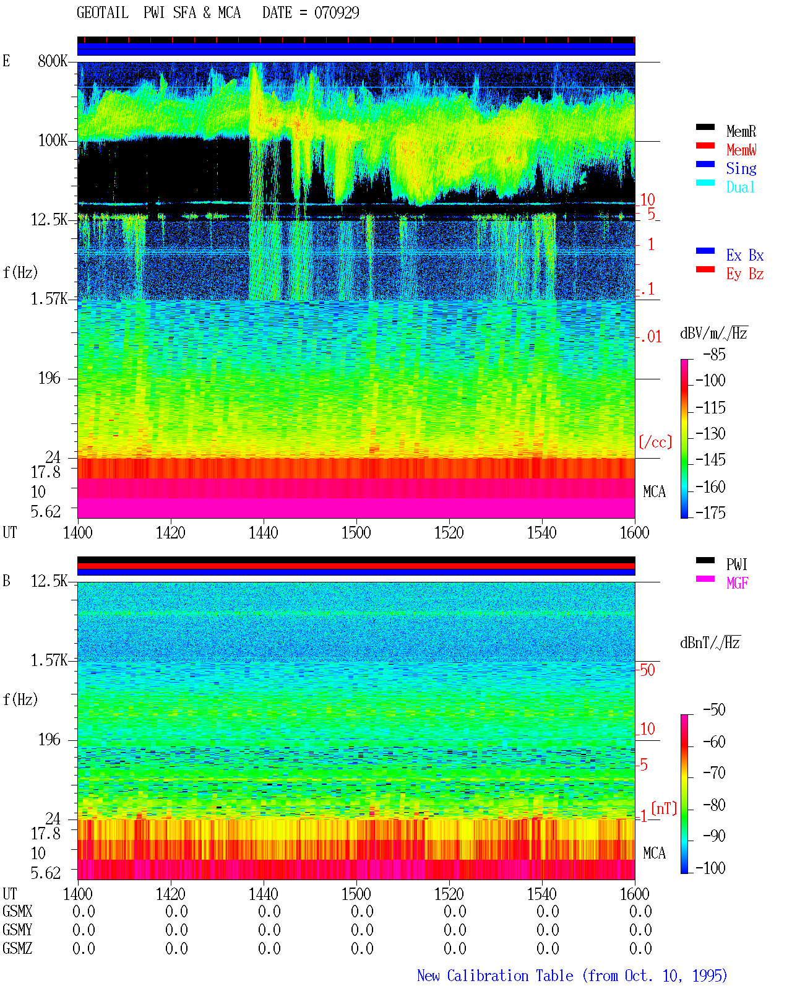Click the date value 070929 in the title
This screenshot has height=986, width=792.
coord(336,13)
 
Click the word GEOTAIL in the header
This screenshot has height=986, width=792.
coord(102,13)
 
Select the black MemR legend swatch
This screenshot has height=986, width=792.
coord(705,127)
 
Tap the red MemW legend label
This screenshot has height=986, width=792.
coord(741,150)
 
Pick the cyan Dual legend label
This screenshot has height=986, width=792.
coord(740,187)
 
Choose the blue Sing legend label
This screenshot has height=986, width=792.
coord(741,168)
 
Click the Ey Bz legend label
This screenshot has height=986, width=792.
coord(745,274)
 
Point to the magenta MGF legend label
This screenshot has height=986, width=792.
coord(737,583)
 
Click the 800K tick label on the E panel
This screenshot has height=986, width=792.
coord(53,61)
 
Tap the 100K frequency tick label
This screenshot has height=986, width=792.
coord(53,141)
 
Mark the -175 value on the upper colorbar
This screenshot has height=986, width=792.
coord(710,512)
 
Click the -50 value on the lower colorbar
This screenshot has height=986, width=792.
coord(714,710)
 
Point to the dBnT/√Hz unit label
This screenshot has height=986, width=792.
coord(710,642)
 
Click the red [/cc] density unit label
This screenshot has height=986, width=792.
coord(655,442)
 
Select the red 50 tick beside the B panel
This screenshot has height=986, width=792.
coord(647,670)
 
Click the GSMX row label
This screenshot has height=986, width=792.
coord(17,911)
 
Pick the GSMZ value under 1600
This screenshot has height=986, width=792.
coord(640,948)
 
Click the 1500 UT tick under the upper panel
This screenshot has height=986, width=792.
coord(356,533)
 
